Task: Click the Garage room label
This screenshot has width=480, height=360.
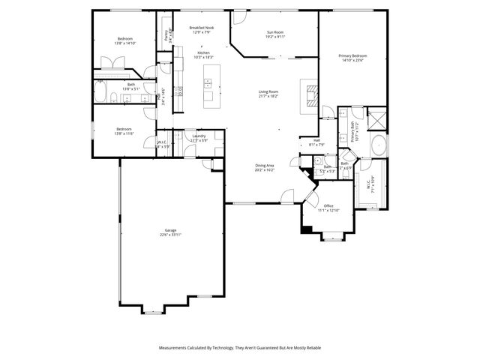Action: click(171, 230)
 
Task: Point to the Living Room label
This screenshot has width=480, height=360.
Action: click(268, 91)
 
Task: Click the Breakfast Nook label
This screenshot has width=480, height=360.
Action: click(202, 28)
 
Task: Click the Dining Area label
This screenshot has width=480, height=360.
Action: click(265, 166)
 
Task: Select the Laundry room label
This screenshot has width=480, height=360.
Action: click(199, 136)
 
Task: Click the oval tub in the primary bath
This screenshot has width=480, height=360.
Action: click(380, 145)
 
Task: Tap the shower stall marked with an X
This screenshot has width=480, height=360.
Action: click(377, 118)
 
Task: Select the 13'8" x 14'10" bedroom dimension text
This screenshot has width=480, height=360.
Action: click(124, 43)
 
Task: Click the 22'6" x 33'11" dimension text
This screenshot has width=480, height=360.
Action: click(171, 235)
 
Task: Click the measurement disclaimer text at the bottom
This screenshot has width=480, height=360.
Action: click(240, 348)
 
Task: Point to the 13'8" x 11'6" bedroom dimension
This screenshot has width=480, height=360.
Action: click(124, 133)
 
